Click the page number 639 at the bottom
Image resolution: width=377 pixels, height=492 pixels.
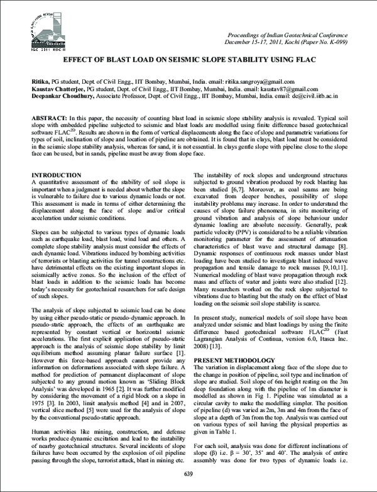click(188, 473)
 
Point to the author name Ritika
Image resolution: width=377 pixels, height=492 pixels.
click(40, 82)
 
